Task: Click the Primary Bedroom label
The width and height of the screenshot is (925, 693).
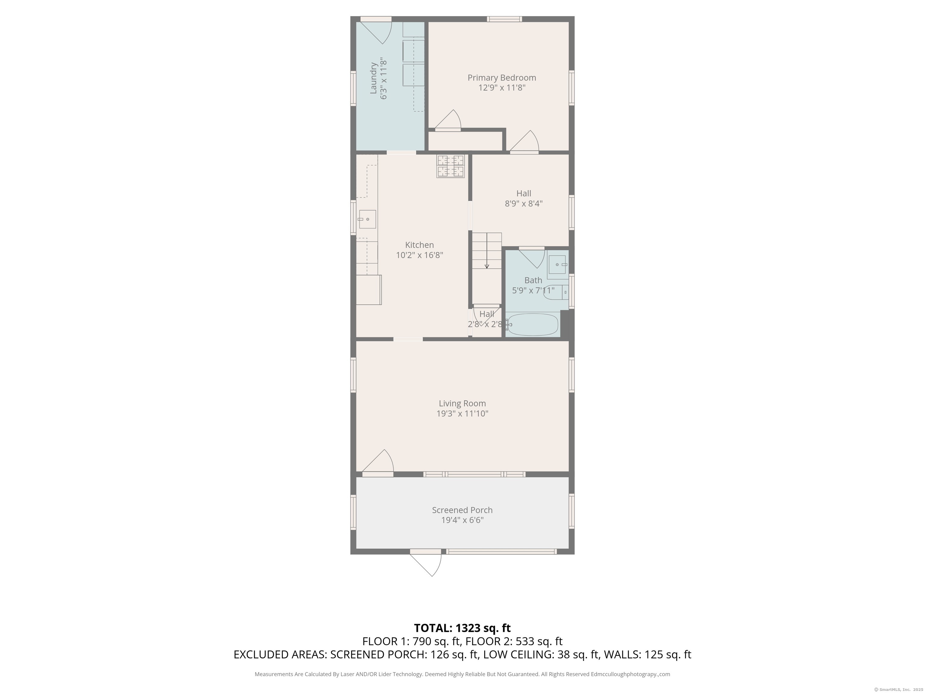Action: point(501,78)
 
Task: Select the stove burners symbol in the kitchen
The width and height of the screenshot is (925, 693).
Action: point(450,166)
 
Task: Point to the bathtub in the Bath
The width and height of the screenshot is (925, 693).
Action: point(532,325)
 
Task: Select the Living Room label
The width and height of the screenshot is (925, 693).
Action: point(462,404)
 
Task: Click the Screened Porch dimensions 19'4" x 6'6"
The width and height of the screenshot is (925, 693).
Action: point(462,520)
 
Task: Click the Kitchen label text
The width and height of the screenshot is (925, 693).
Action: point(419,245)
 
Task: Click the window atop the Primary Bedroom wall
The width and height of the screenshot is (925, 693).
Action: point(504,19)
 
